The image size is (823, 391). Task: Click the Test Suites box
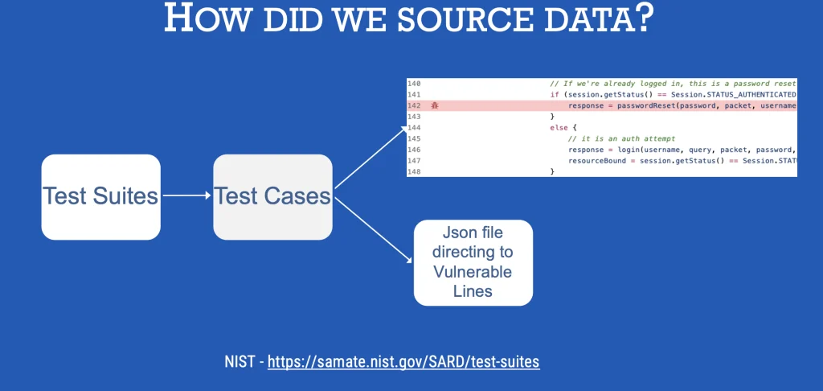coord(100,197)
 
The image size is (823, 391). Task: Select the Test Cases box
coord(273,197)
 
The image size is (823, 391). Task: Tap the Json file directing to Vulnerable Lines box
coord(473,263)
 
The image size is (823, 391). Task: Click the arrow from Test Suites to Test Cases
coord(186,195)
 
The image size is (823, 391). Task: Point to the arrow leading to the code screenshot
coord(371,157)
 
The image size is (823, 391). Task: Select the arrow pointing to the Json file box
coord(374,229)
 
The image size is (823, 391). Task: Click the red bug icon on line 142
coord(435,105)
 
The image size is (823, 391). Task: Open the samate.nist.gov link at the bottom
coord(403,361)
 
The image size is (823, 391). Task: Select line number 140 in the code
coord(414,84)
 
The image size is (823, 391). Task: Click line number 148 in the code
coord(414,172)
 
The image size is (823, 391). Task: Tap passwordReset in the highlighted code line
coord(648,105)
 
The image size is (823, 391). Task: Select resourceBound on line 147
coord(595,161)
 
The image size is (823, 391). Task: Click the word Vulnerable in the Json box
coord(473,272)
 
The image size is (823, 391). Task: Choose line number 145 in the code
coord(414,138)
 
